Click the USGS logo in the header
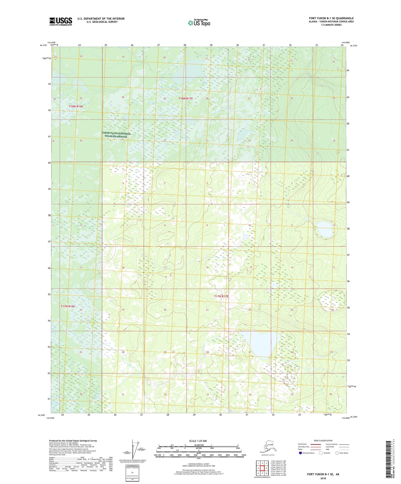[61, 21]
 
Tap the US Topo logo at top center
[199, 23]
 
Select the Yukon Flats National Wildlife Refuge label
[116, 135]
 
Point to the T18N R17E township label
[186, 99]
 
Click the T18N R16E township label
[76, 106]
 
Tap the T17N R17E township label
[221, 296]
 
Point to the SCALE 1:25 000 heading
[198, 441]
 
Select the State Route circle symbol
[337, 453]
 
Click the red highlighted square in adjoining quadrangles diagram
[263, 468]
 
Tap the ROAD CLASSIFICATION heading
[323, 440]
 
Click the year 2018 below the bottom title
[323, 477]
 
